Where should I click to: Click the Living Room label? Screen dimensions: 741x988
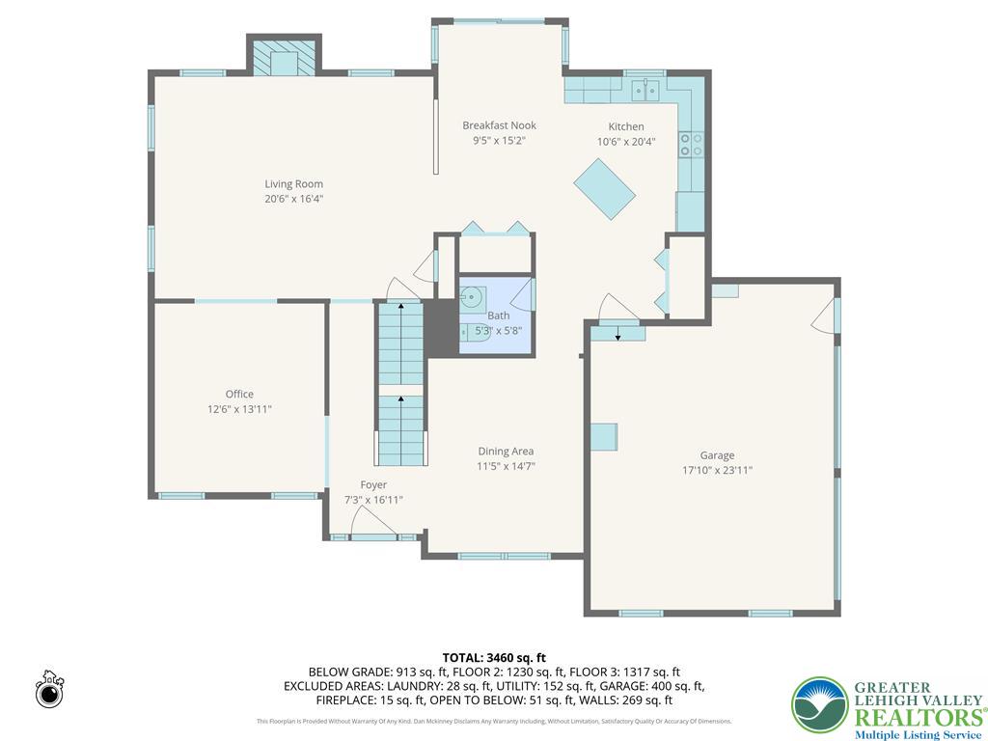click(294, 183)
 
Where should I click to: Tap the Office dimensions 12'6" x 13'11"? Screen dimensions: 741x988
click(239, 409)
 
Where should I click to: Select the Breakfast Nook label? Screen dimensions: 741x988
click(499, 125)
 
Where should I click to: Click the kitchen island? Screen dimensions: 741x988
click(605, 189)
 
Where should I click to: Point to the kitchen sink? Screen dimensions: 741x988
click(645, 91)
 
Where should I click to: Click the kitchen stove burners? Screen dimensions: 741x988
click(691, 145)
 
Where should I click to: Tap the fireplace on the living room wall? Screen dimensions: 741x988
click(285, 60)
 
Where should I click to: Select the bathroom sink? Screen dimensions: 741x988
click(473, 297)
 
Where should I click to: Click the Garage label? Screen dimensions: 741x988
click(717, 455)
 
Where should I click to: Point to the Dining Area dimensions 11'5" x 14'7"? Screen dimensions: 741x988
click(506, 466)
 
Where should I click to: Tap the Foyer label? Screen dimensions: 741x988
click(373, 484)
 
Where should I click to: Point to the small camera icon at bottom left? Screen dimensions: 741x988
click(49, 690)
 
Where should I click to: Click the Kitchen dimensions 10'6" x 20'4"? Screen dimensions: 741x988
click(625, 142)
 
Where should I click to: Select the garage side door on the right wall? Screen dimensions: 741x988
click(824, 316)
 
